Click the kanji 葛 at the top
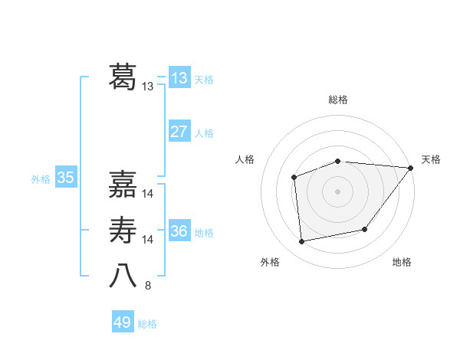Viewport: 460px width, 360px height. click(123, 77)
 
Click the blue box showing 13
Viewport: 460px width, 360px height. click(179, 78)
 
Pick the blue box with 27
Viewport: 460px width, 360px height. click(179, 132)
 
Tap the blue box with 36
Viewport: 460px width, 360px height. click(179, 231)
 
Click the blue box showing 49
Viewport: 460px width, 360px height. click(123, 322)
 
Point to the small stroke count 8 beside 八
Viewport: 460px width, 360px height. click(148, 286)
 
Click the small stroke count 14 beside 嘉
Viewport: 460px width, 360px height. click(148, 195)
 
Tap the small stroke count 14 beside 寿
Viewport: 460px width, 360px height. click(148, 241)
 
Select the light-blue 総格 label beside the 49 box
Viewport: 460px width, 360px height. click(147, 324)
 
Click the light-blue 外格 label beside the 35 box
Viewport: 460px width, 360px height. click(41, 180)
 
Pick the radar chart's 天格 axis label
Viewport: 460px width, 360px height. click(431, 159)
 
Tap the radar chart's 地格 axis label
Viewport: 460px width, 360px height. click(402, 263)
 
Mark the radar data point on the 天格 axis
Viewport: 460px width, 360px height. click(412, 167)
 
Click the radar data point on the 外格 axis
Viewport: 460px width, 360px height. click(302, 241)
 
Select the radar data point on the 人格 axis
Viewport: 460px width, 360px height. click(294, 177)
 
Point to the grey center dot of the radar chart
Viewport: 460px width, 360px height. click(337, 191)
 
